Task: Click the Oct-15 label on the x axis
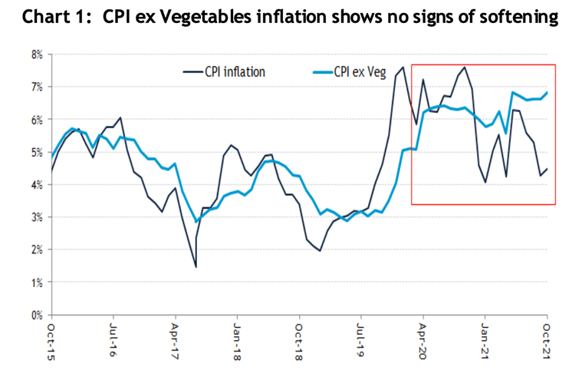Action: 51,339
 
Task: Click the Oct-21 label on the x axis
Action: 547,339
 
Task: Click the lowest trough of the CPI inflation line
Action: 196,266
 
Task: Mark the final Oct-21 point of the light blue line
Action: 547,93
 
